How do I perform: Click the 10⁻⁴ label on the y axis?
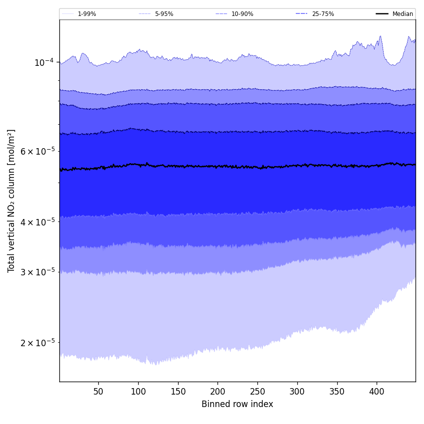[x=44, y=62]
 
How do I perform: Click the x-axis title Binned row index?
[x=237, y=404]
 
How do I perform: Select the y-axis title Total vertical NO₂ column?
[x=11, y=201]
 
